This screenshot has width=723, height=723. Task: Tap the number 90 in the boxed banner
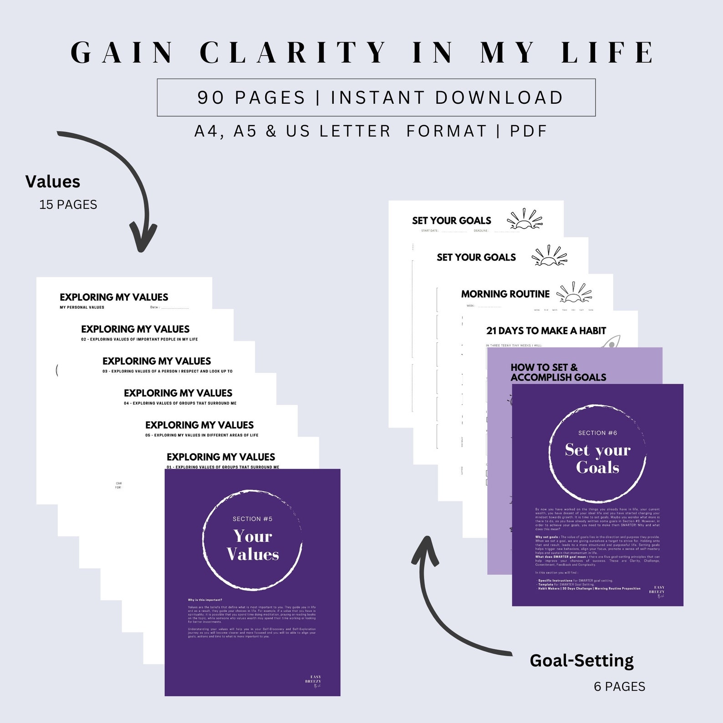tap(210, 97)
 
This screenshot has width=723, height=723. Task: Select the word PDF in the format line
tap(528, 131)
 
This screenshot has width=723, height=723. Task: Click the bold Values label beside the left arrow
tap(53, 182)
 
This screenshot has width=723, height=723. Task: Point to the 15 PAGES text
tap(68, 204)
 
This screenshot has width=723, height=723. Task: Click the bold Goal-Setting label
tap(581, 660)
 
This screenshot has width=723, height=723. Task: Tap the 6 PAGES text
tap(619, 686)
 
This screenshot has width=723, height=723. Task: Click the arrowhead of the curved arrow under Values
tap(143, 239)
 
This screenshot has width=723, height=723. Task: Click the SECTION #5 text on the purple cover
tap(252, 519)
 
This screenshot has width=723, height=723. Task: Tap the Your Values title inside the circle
tap(253, 545)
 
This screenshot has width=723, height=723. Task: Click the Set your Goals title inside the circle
tap(597, 458)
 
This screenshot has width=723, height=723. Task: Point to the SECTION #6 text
tap(597, 433)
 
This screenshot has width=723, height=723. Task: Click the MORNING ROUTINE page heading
tap(505, 294)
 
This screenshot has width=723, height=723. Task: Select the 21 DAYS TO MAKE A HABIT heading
tap(546, 331)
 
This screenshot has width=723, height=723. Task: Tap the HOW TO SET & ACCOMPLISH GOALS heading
tap(558, 372)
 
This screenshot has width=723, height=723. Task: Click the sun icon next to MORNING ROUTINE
tap(575, 293)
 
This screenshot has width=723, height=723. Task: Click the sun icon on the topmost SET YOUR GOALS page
tap(525, 219)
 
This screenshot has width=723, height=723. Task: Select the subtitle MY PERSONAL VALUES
tap(82, 307)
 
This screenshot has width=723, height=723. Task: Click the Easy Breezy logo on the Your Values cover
tap(314, 681)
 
